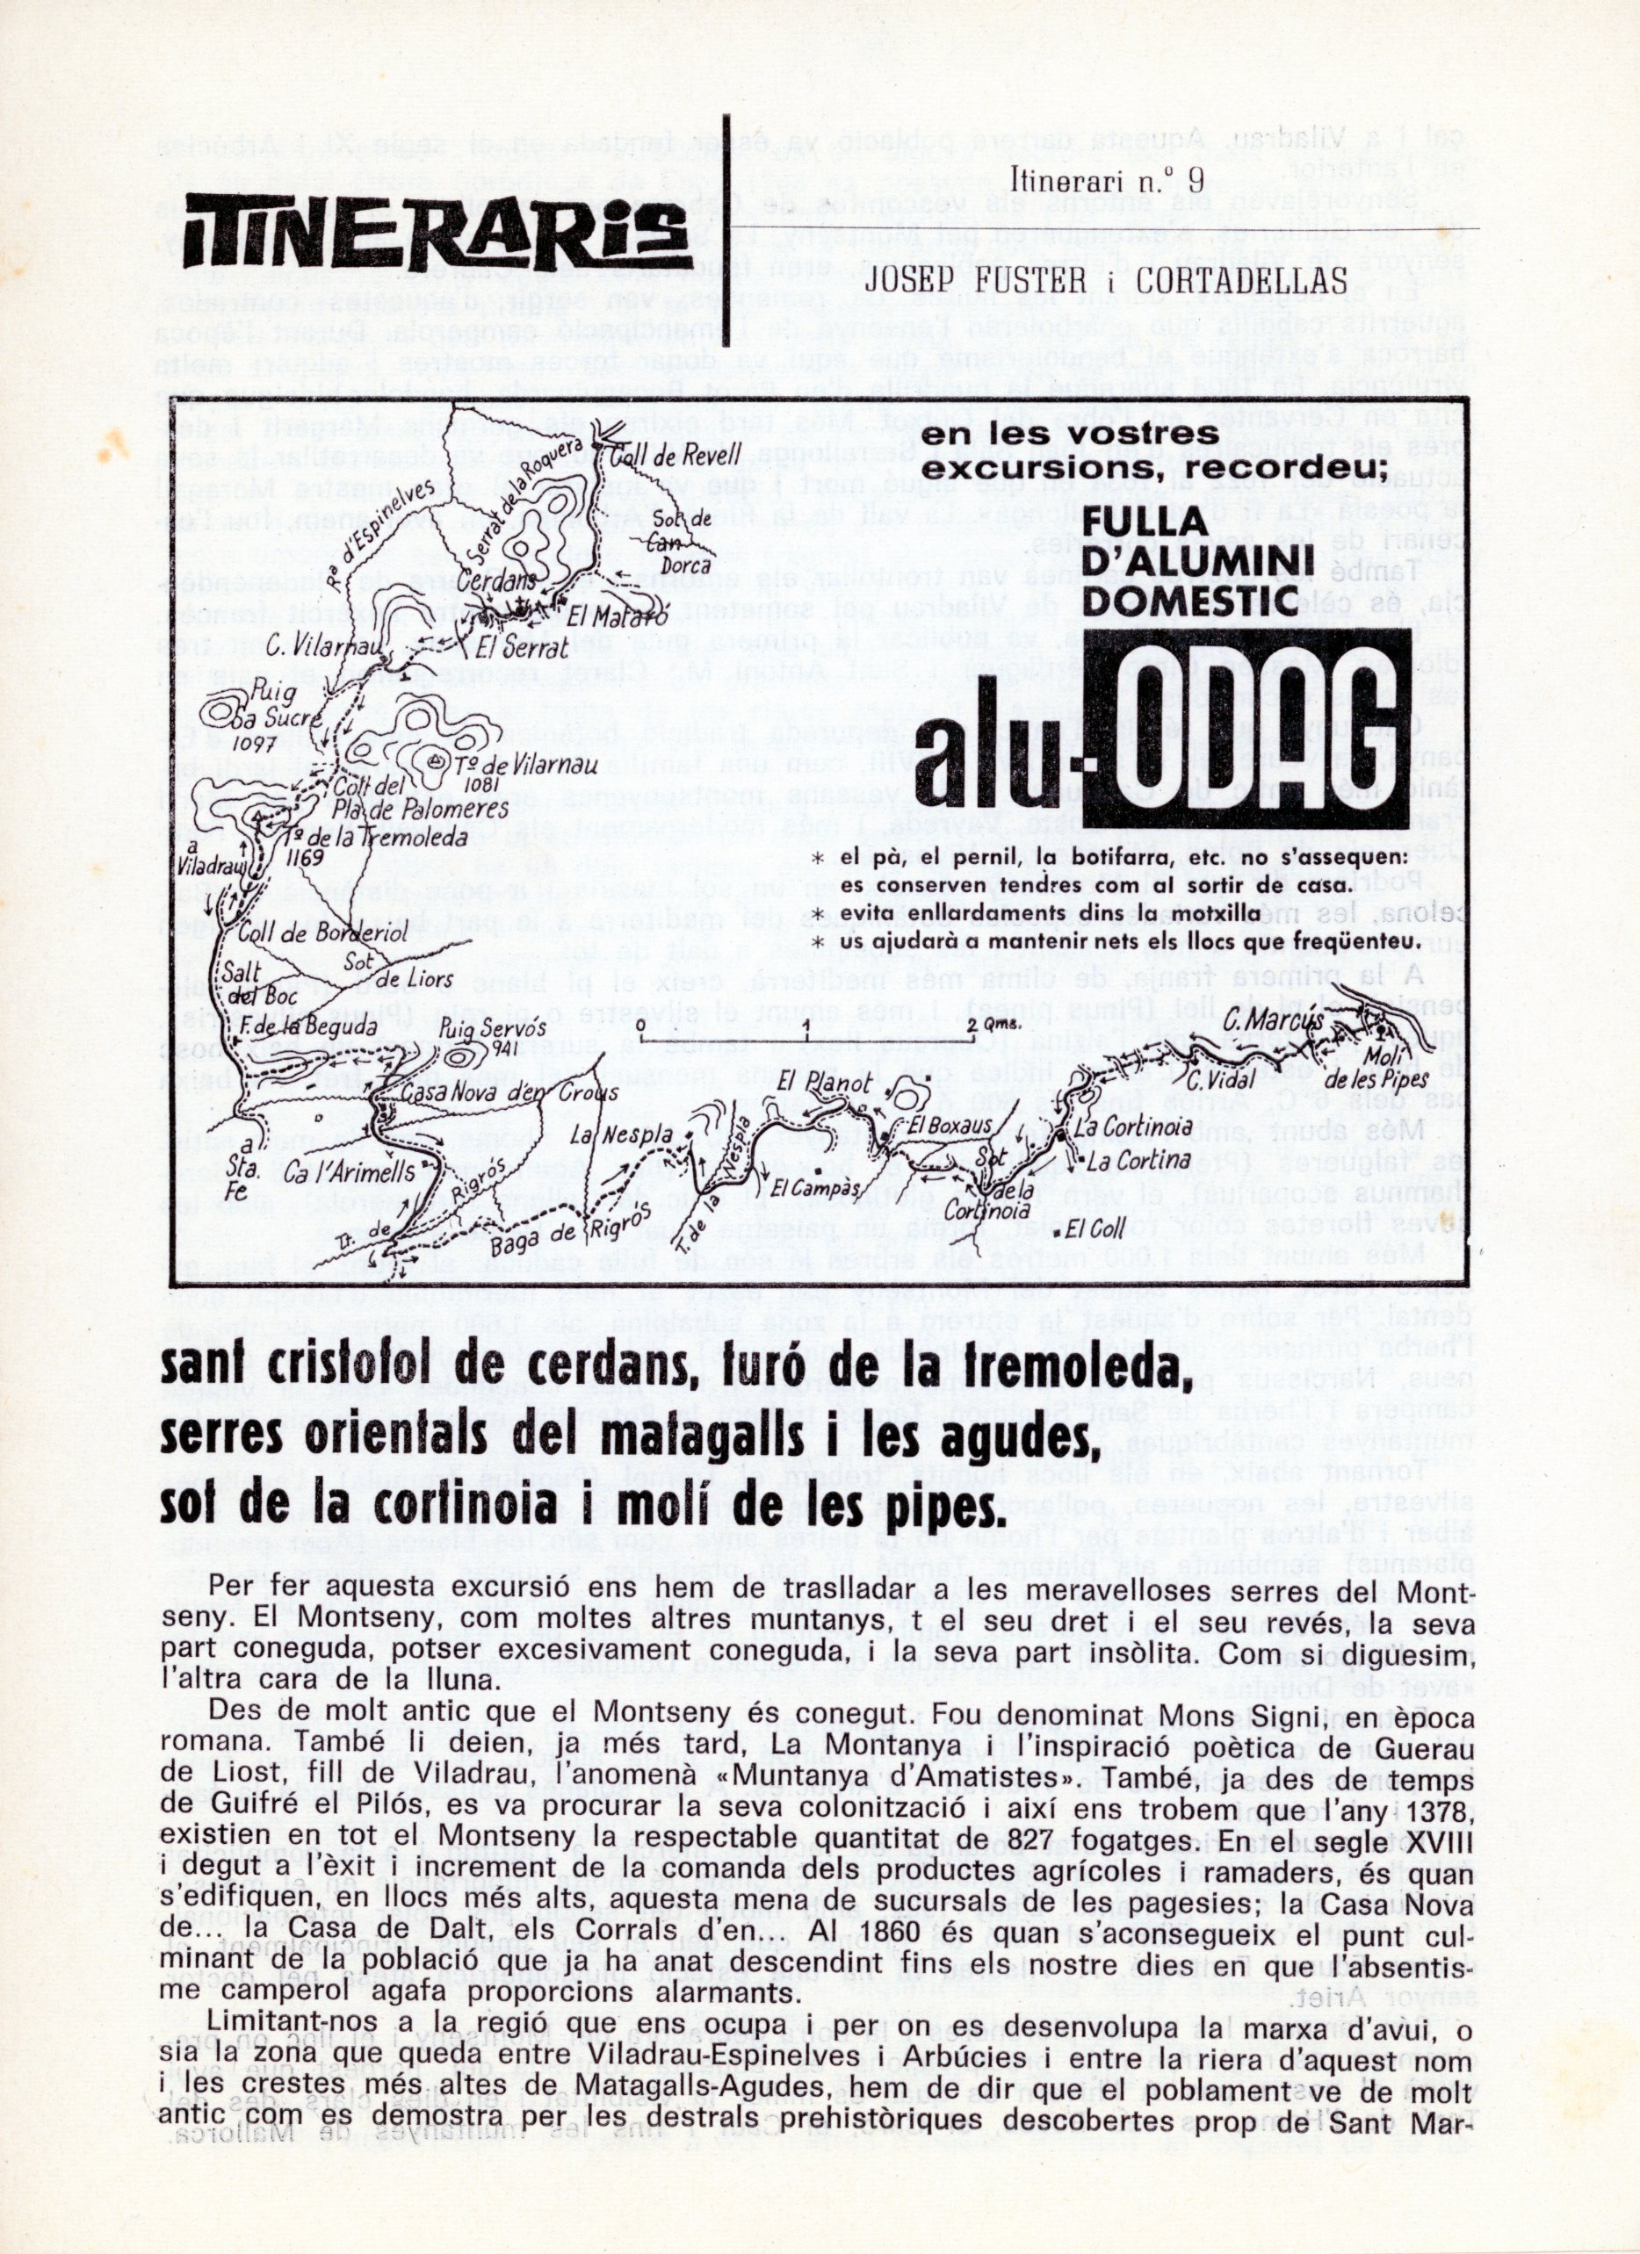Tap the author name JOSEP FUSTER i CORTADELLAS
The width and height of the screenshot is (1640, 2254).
tap(1105, 281)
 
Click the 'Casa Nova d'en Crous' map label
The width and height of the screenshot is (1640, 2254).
tap(509, 1093)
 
